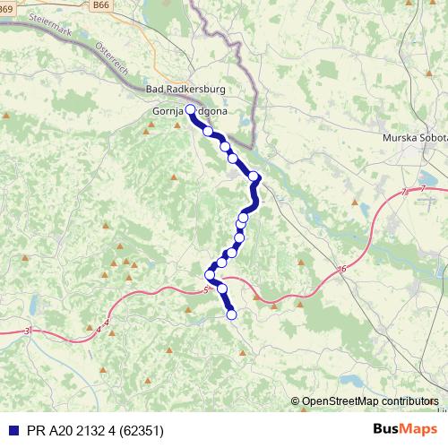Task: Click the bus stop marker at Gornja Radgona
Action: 190,110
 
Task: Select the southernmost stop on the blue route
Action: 231,314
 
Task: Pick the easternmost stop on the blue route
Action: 254,177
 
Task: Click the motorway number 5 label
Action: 205,289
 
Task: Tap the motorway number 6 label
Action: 342,269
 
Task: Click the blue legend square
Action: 11,428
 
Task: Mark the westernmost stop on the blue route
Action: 210,274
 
